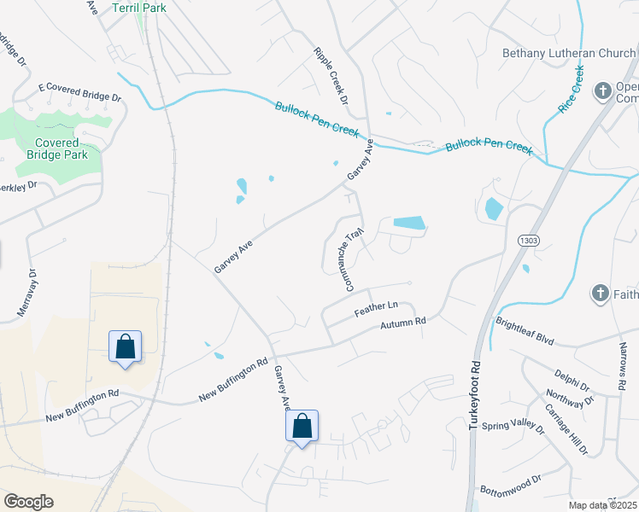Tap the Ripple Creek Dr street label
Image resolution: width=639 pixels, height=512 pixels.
pyautogui.click(x=331, y=76)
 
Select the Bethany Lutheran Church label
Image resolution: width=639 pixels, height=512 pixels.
pyautogui.click(x=569, y=54)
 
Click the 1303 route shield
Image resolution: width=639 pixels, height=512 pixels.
pyautogui.click(x=527, y=241)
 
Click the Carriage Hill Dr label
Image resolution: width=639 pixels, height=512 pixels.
pyautogui.click(x=568, y=429)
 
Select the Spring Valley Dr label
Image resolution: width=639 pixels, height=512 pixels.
pyautogui.click(x=512, y=427)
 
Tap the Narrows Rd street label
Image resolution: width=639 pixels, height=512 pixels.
pyautogui.click(x=621, y=368)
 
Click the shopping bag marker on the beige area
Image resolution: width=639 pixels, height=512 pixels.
pyautogui.click(x=125, y=346)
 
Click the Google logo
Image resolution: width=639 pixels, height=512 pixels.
pyautogui.click(x=28, y=501)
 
